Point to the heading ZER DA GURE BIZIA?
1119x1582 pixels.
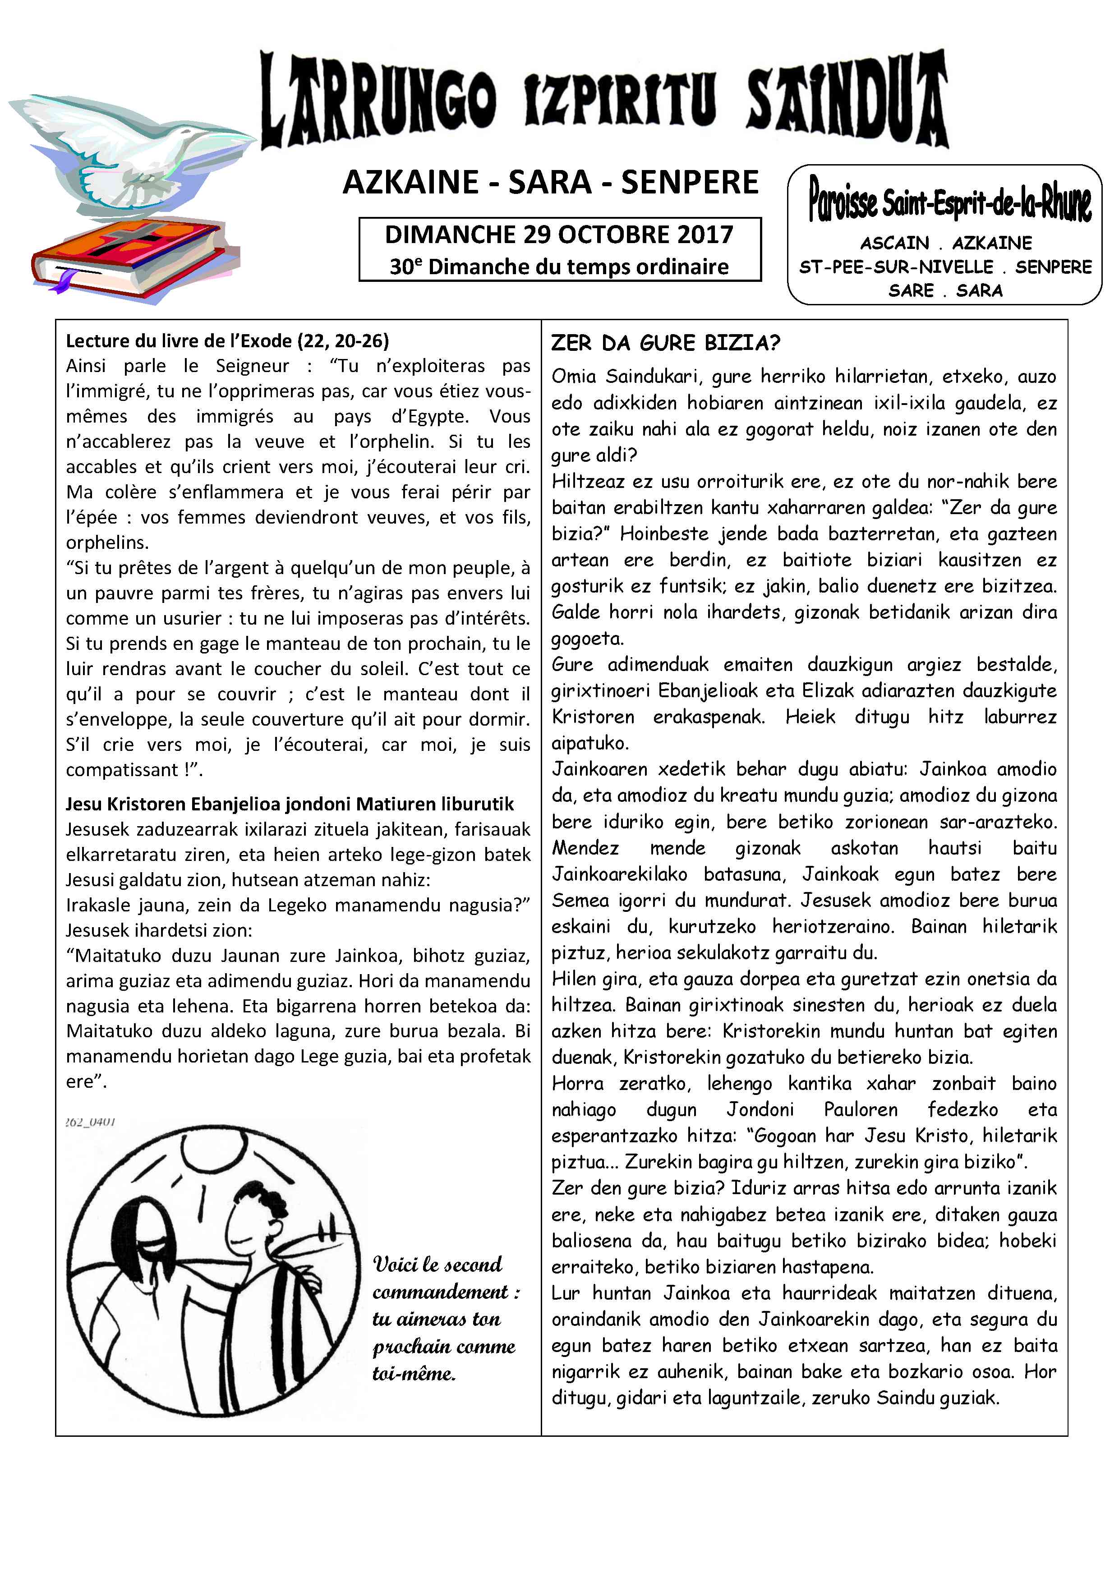(665, 343)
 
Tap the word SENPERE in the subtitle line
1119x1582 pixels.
(690, 183)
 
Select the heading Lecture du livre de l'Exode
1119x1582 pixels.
(227, 341)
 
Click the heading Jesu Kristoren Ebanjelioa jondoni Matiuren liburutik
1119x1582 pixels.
(290, 804)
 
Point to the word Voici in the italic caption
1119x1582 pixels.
(396, 1265)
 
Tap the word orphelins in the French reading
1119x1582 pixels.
(107, 543)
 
